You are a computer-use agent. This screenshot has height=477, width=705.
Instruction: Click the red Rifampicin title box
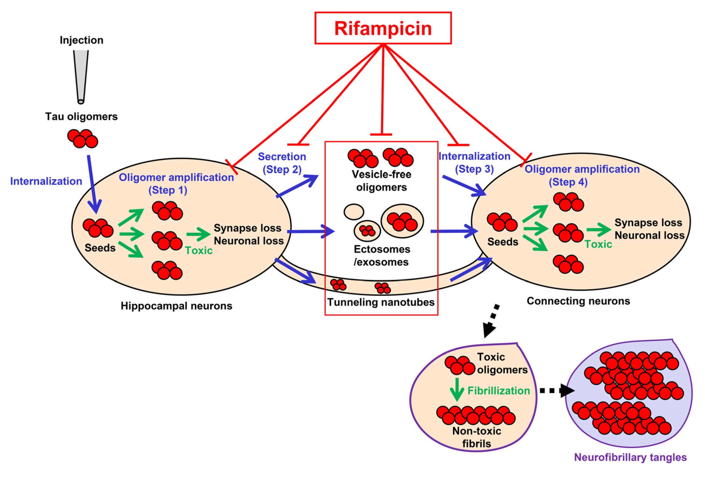[383, 28]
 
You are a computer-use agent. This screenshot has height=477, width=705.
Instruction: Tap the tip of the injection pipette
[81, 101]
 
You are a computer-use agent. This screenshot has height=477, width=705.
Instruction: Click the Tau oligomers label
[81, 116]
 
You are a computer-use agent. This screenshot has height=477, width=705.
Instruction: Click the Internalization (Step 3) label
[474, 163]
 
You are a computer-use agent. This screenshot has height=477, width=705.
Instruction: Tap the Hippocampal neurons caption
[176, 306]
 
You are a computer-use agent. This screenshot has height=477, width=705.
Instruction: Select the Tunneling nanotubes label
[381, 302]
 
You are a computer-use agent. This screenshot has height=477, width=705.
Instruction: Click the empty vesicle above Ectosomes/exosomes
[354, 212]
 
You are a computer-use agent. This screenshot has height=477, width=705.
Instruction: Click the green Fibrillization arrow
[456, 389]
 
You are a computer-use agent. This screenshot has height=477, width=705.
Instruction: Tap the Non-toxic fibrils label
[477, 437]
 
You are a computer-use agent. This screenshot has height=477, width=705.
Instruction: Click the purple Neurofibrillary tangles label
[630, 457]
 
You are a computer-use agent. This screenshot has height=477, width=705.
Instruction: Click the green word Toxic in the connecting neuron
[598, 244]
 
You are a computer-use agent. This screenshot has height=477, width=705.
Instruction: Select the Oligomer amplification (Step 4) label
[582, 175]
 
